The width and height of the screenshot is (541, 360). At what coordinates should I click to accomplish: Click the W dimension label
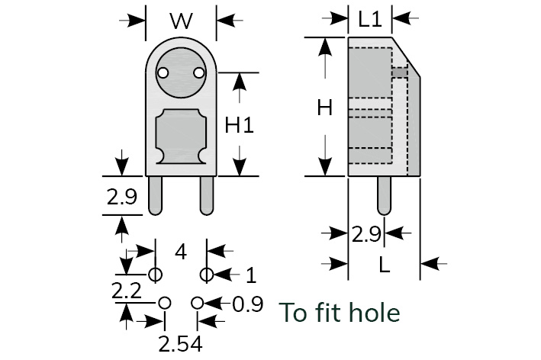181,21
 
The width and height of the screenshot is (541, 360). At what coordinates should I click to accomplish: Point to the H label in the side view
325,109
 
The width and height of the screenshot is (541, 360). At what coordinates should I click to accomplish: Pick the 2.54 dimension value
180,344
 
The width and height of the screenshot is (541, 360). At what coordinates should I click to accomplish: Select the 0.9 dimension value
247,304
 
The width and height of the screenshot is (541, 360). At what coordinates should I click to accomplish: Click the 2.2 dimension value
127,291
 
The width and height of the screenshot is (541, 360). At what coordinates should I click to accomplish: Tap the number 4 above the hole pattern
180,252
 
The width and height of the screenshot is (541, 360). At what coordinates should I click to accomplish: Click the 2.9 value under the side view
366,235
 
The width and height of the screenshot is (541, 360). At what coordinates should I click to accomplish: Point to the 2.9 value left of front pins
121,198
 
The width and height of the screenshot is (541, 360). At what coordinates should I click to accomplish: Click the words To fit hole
340,312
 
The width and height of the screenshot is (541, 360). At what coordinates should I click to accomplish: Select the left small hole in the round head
163,73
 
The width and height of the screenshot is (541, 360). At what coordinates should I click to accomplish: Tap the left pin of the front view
156,194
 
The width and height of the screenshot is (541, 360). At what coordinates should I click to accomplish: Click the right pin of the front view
206,194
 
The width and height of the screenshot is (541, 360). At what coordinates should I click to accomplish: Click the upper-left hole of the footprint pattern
155,274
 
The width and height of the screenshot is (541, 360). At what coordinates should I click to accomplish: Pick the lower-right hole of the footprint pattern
198,304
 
